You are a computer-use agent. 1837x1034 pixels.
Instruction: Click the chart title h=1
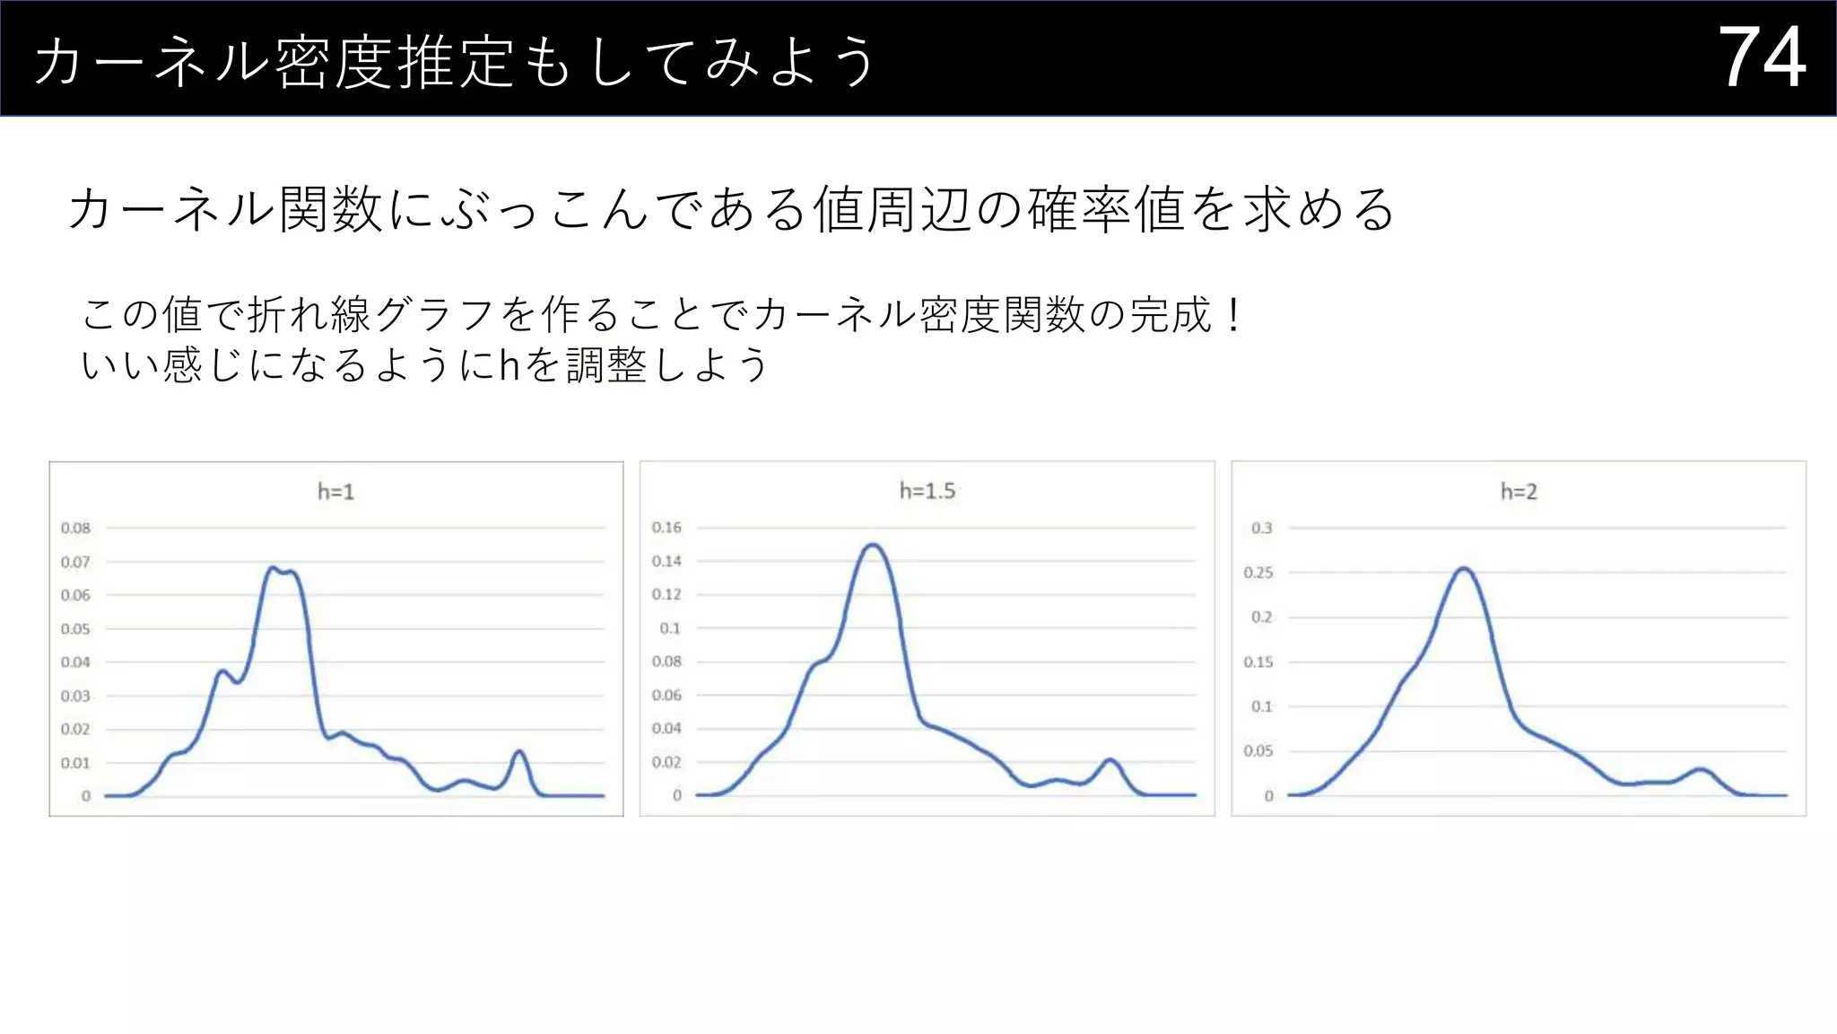[336, 492]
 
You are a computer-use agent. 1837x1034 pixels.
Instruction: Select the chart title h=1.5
[927, 491]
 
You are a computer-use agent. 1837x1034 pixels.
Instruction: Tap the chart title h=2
[1519, 492]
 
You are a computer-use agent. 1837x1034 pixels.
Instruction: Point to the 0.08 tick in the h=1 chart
[75, 528]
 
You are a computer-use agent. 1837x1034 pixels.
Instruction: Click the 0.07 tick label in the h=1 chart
[75, 562]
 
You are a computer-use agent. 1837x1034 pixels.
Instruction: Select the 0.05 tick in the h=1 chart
[75, 628]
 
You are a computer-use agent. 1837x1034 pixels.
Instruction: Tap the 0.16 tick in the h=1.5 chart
[666, 527]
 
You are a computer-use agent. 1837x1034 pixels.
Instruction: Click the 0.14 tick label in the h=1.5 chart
[666, 561]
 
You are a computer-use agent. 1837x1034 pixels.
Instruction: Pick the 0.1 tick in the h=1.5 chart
[670, 628]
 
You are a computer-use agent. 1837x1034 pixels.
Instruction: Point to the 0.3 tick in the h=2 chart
[1261, 528]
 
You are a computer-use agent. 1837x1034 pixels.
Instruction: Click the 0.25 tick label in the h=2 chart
[1258, 573]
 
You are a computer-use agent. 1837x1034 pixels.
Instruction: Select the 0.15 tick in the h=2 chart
[1258, 662]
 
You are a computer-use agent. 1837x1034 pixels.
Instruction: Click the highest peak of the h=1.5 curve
[873, 545]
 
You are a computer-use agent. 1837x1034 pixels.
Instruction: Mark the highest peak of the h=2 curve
[1464, 568]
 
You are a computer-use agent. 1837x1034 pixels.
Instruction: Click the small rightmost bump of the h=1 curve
[518, 751]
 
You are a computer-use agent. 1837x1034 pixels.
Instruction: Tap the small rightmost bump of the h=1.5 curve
[1110, 760]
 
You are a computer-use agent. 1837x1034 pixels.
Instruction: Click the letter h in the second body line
[509, 365]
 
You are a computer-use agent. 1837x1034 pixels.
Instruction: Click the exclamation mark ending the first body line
[1235, 314]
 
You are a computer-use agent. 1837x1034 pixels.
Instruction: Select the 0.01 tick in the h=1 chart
[75, 763]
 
